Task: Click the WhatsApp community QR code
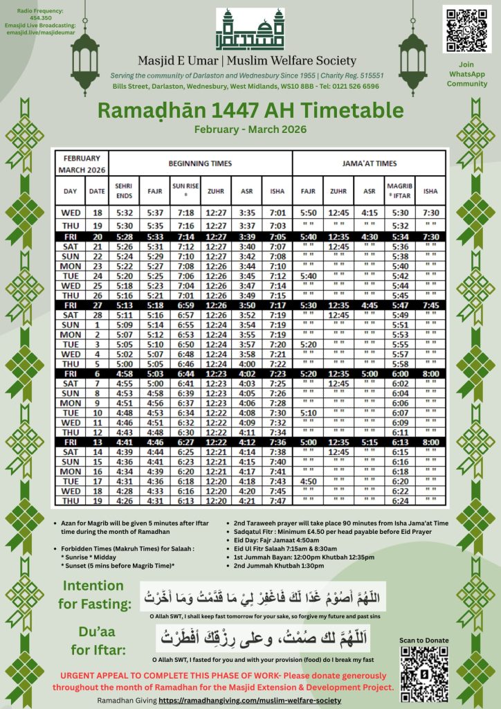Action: tap(466, 28)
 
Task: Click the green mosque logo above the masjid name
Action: tap(250, 30)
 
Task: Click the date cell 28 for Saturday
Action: tap(98, 315)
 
